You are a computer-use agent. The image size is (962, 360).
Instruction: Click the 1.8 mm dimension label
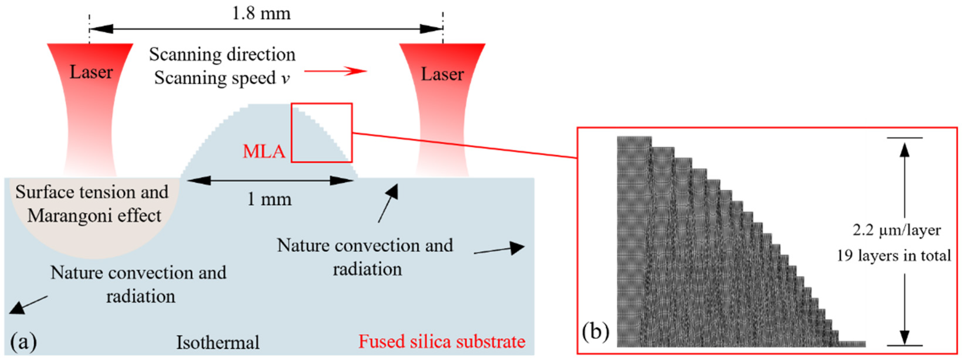[261, 13]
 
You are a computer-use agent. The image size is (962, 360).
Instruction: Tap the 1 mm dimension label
[270, 199]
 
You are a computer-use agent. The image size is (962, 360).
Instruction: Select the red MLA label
[264, 151]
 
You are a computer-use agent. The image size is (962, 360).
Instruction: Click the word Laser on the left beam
[91, 72]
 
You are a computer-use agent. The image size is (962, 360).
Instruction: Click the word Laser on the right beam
[443, 74]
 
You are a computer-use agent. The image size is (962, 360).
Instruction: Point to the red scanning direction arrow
[336, 71]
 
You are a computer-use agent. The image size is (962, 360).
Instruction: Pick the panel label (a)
[23, 341]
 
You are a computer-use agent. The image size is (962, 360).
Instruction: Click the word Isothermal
[218, 342]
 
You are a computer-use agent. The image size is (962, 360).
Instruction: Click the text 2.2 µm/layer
[897, 230]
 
